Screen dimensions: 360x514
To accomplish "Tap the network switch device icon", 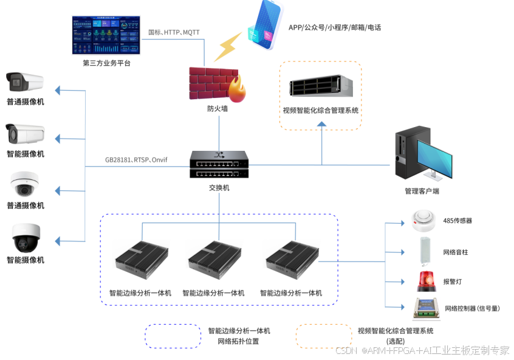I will [219, 165].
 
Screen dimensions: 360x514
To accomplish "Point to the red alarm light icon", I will [426, 281].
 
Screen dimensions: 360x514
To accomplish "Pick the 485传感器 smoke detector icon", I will [423, 220].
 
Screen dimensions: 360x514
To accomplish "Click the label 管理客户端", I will [422, 191].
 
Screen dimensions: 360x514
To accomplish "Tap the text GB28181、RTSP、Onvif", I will [136, 160].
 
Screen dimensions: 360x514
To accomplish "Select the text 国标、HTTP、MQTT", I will [174, 32].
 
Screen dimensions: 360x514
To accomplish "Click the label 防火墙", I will [217, 109].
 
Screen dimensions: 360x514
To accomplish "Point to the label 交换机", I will [219, 188].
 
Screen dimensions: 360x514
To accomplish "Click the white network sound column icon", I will [425, 251].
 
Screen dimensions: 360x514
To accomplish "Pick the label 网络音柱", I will [456, 252].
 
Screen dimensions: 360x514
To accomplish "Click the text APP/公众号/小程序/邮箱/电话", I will [334, 27].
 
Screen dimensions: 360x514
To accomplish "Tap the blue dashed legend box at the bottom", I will [173, 336].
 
